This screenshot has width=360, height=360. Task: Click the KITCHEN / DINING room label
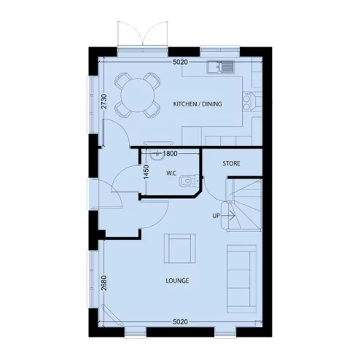point(197,104)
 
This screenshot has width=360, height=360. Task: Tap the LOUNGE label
point(178,281)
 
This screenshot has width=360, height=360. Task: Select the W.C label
point(172,173)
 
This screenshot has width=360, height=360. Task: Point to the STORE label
point(231,163)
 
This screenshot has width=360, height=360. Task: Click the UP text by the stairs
point(216,216)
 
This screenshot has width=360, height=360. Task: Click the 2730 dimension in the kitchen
point(104,102)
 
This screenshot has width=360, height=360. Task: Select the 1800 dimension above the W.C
point(171,154)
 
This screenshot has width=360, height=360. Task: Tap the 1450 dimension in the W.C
point(146,172)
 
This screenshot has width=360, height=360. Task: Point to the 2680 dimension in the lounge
point(104,283)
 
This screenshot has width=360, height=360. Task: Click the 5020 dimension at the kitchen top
point(181,63)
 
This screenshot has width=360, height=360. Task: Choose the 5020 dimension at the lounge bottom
point(181,321)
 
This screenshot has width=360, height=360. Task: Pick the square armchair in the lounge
point(179,249)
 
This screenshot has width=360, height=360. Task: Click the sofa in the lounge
point(240,275)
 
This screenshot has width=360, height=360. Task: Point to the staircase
point(243,203)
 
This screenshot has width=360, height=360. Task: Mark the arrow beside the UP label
point(228,216)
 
